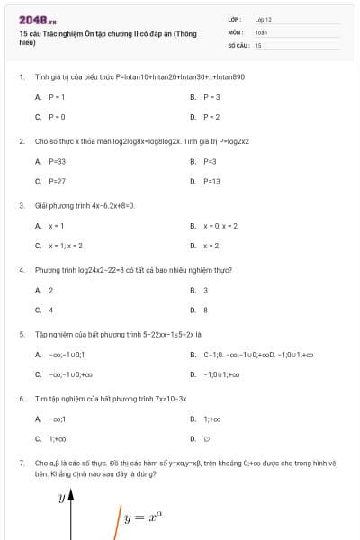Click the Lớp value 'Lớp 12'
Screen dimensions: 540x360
click(x=263, y=19)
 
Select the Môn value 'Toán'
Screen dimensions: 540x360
click(x=261, y=31)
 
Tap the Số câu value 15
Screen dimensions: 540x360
click(x=258, y=44)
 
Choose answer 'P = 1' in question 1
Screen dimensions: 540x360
click(x=56, y=96)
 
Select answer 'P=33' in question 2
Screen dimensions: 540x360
click(x=57, y=161)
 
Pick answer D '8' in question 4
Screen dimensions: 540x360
click(x=205, y=310)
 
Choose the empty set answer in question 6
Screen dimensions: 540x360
click(x=206, y=439)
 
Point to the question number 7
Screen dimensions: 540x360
click(x=21, y=463)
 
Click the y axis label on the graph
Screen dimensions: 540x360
click(x=62, y=497)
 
